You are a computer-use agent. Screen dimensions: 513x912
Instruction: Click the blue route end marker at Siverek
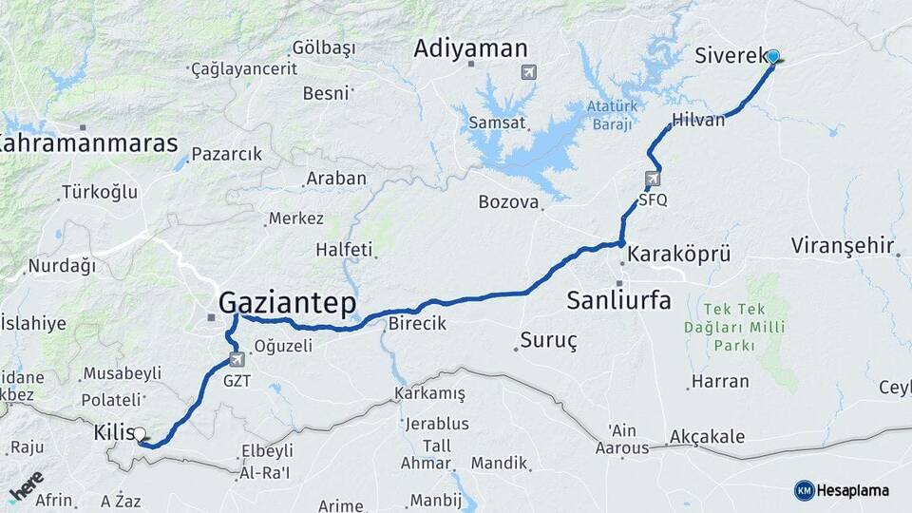point(772,57)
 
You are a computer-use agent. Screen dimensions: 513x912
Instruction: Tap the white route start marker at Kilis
point(140,435)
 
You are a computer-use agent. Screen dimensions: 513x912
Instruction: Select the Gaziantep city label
point(287,303)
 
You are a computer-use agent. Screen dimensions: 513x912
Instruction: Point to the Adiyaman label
point(470,48)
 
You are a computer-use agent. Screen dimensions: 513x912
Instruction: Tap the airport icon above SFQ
point(653,179)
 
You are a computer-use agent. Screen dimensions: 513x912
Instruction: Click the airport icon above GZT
point(237,360)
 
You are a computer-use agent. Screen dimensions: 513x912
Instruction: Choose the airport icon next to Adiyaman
point(528,72)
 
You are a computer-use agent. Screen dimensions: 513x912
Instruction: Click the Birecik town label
point(417,324)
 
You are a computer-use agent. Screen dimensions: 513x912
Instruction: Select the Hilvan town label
point(698,121)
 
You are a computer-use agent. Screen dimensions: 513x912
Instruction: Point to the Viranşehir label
point(843,246)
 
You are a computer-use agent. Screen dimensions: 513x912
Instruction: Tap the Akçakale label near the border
point(707,437)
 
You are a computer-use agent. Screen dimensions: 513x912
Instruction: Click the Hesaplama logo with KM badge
point(842,490)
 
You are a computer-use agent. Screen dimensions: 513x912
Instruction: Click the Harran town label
point(720,381)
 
